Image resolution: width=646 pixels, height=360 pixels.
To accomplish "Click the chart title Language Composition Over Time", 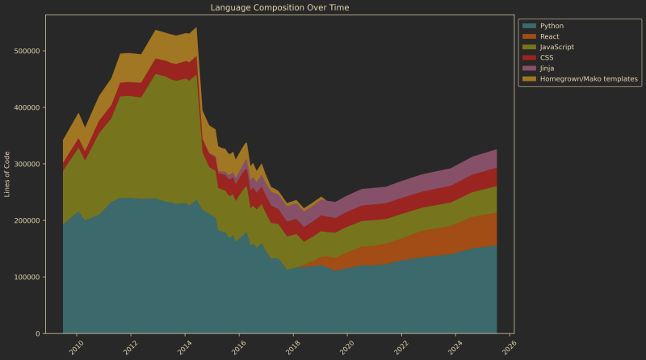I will (279, 7).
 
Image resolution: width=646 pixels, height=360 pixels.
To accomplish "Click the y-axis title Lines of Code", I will (7, 174).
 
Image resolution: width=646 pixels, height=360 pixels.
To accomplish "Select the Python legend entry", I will (552, 26).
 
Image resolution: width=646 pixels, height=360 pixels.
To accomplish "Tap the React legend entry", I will (549, 36).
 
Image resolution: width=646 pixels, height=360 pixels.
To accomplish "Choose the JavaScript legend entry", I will (556, 47).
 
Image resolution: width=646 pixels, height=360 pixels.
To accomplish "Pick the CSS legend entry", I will (546, 57).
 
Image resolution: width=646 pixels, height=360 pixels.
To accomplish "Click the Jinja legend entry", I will (547, 69).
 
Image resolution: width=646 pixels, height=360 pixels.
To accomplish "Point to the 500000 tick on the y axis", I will (28, 51).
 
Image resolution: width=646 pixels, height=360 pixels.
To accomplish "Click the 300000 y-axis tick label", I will (28, 164).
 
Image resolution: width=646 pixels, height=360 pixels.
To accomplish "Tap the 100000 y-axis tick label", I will (28, 277).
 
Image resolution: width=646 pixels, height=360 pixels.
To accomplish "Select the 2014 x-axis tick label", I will (184, 346).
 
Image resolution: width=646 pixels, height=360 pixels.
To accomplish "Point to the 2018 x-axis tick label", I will (292, 346).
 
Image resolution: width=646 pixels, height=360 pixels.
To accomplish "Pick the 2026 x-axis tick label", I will (509, 346).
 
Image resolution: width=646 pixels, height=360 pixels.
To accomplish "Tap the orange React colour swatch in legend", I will (529, 36).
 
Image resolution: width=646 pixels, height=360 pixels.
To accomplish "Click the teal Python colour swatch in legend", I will (529, 26).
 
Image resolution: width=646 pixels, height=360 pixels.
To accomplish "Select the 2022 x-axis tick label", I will (401, 346).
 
